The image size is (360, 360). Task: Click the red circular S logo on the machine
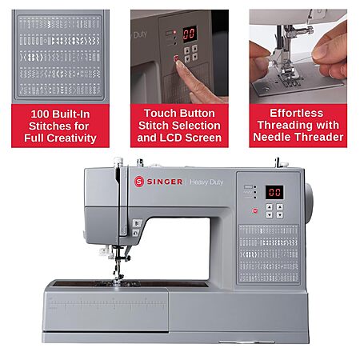139,182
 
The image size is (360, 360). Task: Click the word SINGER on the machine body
165,182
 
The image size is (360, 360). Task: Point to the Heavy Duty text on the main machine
206,182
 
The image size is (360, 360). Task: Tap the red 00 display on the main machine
274,192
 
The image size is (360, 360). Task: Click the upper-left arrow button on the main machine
270,207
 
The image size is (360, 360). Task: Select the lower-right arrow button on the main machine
279,214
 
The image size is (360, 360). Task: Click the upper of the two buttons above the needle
137,223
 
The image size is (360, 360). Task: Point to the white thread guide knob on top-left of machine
118,162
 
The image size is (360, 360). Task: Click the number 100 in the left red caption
40,114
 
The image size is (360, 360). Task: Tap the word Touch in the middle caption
158,114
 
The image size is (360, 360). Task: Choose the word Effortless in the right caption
297,113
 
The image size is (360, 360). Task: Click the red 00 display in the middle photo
190,34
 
